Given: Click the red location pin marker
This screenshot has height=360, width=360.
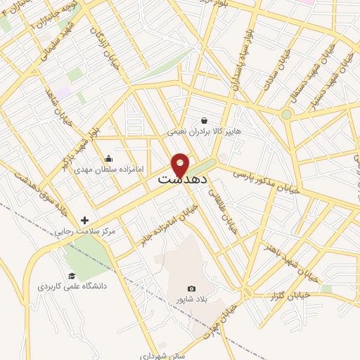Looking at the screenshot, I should point(181,165).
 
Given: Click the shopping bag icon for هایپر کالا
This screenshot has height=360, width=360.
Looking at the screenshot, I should point(204,120).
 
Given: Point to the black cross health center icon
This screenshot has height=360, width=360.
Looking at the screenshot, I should point(85,220).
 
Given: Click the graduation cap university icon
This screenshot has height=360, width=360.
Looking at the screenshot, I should point(71,276).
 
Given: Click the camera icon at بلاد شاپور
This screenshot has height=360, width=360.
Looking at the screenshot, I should point(191,288).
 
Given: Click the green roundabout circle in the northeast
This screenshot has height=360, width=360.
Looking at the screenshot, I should point(286,115).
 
